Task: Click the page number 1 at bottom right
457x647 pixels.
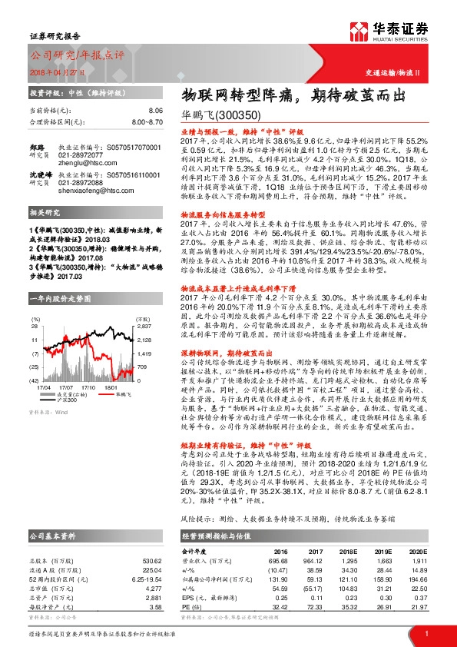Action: tap(426, 633)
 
